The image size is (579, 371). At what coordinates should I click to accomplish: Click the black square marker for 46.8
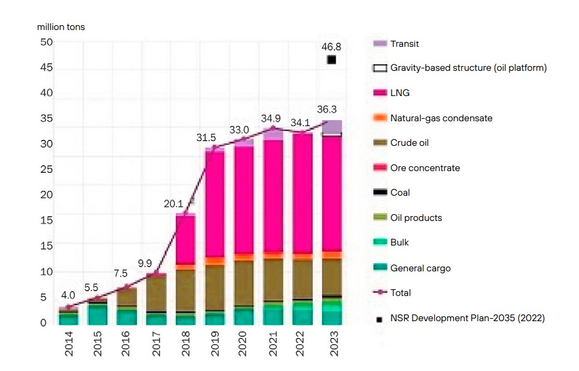(331, 59)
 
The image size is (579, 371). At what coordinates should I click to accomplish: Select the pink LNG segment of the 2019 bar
(214, 204)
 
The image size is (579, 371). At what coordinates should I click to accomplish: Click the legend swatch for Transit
(380, 43)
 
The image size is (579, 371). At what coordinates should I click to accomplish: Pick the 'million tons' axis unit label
(61, 27)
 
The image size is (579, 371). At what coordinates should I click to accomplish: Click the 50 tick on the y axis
(46, 43)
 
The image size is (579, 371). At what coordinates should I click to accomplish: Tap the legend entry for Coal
(400, 193)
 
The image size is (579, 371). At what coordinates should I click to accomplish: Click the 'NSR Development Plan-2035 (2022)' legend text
(467, 318)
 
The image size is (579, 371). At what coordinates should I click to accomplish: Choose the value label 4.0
(68, 295)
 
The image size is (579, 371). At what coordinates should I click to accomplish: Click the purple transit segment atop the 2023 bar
(332, 126)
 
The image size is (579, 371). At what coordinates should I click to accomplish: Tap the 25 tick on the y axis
(46, 170)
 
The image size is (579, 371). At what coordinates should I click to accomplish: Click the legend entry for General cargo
(420, 268)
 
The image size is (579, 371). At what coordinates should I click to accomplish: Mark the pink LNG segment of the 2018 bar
(186, 240)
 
